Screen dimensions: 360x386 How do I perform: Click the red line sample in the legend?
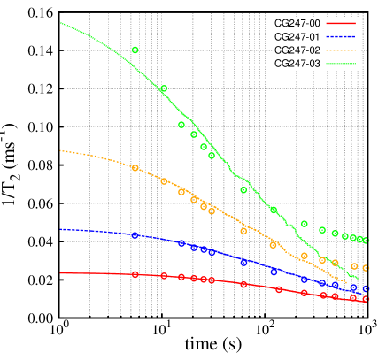(341, 23)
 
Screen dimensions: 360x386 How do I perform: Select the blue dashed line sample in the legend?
(341, 36)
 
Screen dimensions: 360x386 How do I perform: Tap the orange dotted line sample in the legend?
(341, 50)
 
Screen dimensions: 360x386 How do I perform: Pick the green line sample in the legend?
(341, 64)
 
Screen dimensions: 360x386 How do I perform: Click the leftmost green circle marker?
(135, 50)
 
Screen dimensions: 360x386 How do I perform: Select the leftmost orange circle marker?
(135, 167)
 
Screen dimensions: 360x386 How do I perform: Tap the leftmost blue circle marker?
(135, 234)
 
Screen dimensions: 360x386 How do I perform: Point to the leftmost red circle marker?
(135, 274)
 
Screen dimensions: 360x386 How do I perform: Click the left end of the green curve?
(60, 23)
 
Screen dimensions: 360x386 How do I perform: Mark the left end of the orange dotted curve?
(60, 151)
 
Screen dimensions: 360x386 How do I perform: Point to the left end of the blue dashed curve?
(60, 229)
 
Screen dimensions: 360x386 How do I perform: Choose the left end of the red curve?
(60, 273)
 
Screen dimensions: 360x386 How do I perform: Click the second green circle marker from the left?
(164, 88)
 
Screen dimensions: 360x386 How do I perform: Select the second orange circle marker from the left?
(164, 181)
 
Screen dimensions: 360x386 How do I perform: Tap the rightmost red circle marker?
(366, 299)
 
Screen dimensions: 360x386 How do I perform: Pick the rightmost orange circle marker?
(366, 268)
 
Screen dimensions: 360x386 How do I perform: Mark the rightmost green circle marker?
(366, 241)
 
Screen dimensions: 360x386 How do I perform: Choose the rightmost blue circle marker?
(366, 289)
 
